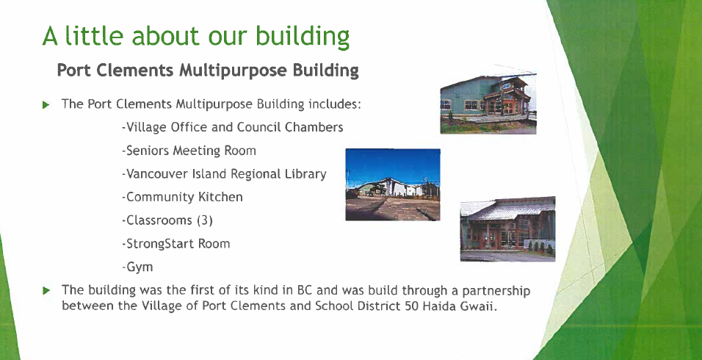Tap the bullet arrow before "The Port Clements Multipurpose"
point(46,105)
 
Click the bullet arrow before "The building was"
point(46,291)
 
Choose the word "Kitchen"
point(221,197)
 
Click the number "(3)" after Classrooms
point(205,220)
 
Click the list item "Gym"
point(140,267)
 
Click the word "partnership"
point(496,291)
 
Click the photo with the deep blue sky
point(393,184)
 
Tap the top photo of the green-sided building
point(488,104)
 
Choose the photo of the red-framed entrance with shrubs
point(507,228)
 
